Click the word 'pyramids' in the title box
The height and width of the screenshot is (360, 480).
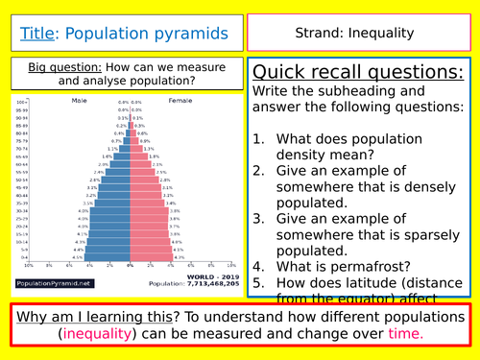pos(192,34)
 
